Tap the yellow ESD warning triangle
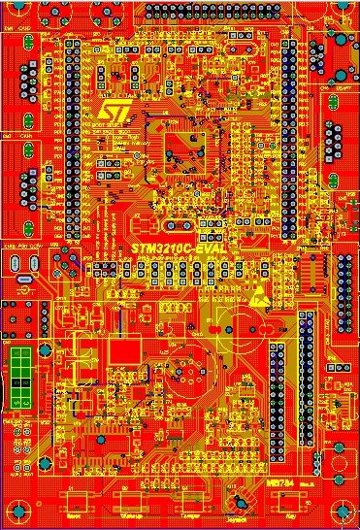[x=257, y=300]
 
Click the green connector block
[x=22, y=378]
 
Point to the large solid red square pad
[x=122, y=349]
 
